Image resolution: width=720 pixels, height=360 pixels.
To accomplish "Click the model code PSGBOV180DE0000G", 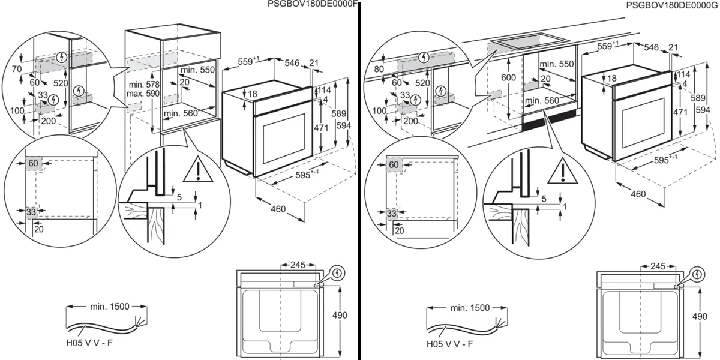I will [x=672, y=5].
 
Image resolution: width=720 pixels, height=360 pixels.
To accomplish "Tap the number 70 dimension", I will [x=17, y=70].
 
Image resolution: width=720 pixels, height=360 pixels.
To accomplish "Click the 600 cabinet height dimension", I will [x=509, y=78].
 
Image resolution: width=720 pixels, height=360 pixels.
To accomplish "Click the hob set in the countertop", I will [x=527, y=43].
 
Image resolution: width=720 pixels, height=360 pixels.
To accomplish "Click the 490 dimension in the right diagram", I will [x=699, y=316].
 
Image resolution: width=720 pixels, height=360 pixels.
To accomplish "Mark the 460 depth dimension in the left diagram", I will [x=278, y=209].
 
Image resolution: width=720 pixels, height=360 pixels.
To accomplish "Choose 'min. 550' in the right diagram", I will [x=557, y=64].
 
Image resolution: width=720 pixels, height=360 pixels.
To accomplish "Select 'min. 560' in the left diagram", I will [x=181, y=113].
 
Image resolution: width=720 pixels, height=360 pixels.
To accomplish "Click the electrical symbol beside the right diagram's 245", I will [x=697, y=274].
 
